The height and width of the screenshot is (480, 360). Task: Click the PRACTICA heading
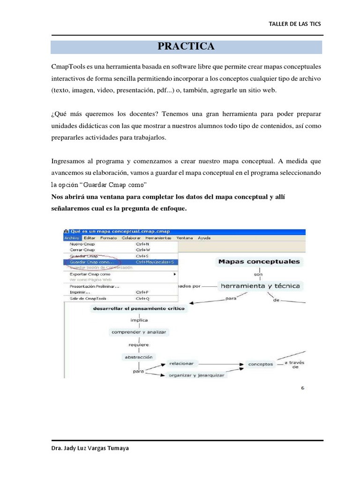point(186,46)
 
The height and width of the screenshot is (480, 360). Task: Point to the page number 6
point(303,388)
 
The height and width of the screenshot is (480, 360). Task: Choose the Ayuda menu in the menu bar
point(204,238)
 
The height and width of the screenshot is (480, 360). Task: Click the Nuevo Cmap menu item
point(82,244)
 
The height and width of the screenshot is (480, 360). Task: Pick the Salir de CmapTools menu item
point(88,298)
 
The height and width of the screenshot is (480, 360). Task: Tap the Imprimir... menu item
point(80,292)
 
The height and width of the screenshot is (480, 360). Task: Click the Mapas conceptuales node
point(259,262)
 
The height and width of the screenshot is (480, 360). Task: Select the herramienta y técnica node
point(261,285)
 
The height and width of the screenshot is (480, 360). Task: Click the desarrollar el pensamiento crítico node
point(139,309)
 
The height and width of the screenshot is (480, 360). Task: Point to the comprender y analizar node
point(138,332)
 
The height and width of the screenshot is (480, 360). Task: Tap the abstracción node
point(138,356)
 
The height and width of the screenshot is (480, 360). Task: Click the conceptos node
point(260,364)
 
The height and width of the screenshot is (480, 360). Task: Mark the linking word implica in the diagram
point(138,321)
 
